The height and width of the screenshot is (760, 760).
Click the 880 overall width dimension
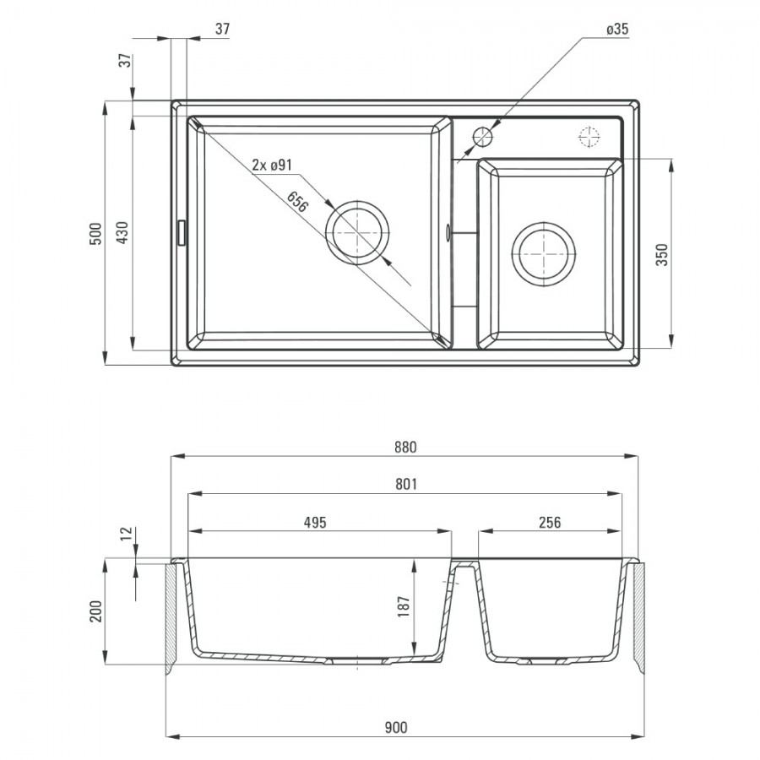click(405, 447)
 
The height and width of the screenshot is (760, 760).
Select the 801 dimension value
click(405, 484)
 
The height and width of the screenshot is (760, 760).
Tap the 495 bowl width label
click(315, 522)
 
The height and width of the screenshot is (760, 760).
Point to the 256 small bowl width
click(550, 522)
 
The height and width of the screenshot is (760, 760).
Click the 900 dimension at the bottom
click(396, 728)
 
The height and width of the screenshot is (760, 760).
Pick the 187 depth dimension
click(404, 606)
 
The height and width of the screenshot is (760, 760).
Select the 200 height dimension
click(96, 611)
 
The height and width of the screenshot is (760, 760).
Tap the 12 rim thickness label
click(126, 534)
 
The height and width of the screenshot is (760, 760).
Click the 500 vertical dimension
click(96, 233)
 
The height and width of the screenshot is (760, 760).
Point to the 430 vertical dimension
click(122, 232)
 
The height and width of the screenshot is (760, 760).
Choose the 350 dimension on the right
click(661, 254)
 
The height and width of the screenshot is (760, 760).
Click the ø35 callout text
click(617, 29)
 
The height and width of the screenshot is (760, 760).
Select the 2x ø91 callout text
click(272, 166)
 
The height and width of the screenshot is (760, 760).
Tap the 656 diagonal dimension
click(297, 202)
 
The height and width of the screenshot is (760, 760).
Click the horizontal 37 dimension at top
click(222, 29)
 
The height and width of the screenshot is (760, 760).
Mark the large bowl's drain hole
click(358, 232)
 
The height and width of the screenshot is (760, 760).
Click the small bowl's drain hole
click(543, 254)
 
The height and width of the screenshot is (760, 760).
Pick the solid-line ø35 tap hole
click(483, 137)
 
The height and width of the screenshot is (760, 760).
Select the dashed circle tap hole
click(589, 136)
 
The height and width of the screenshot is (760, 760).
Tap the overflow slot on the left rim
click(181, 233)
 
